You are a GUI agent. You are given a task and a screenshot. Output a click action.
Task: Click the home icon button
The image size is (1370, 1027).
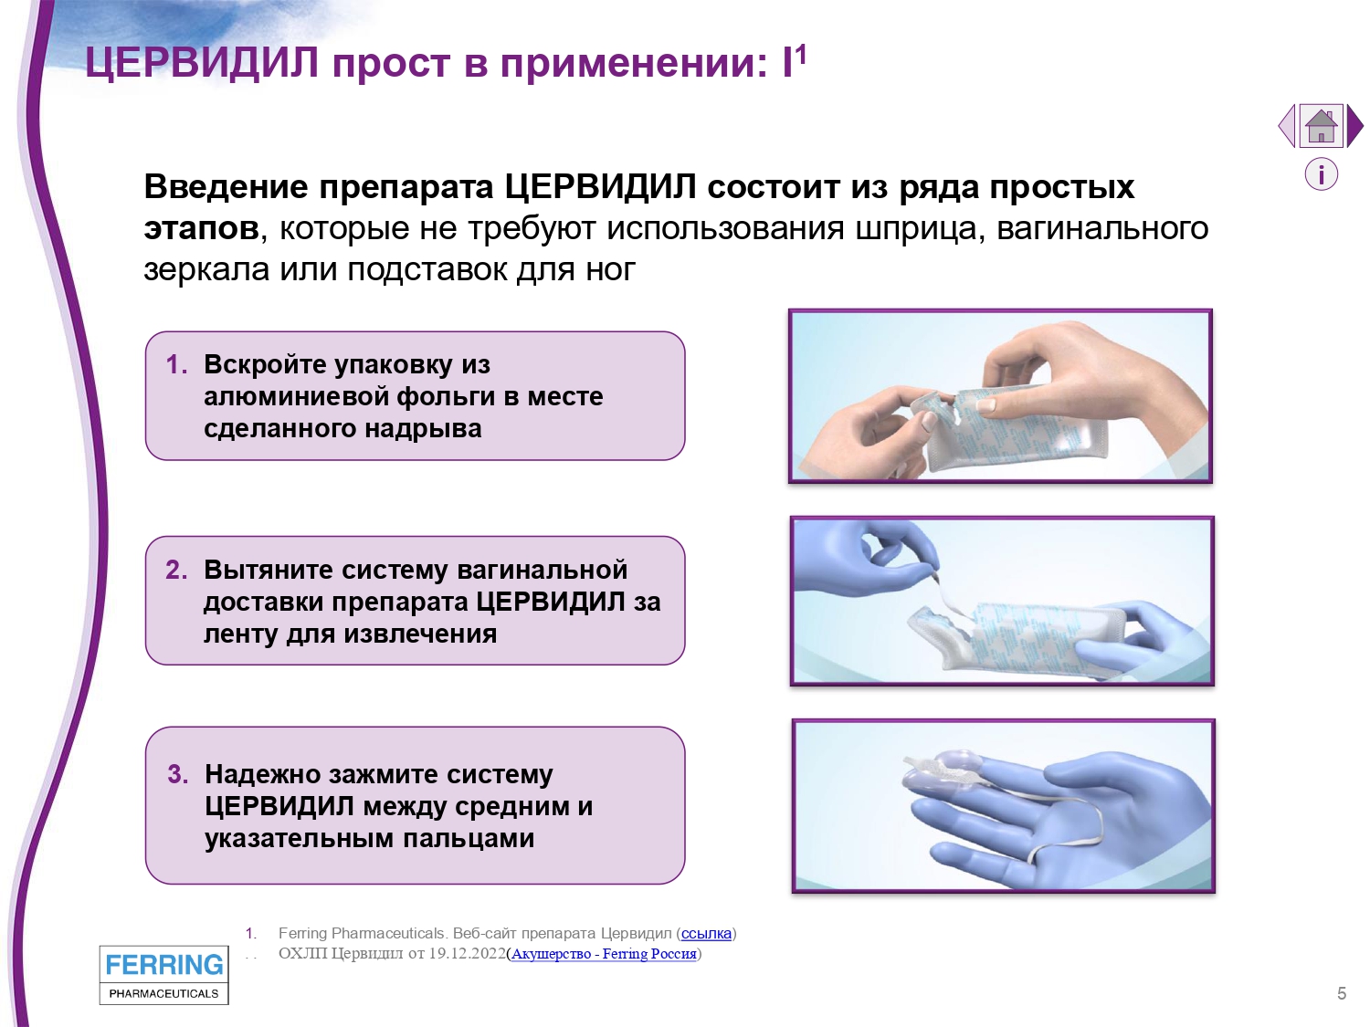click(1321, 126)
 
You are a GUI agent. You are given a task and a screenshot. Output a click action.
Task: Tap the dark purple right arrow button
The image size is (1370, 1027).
click(1354, 126)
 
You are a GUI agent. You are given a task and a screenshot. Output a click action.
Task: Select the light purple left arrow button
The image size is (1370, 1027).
click(1287, 126)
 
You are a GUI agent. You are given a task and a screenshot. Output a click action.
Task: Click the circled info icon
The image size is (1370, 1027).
click(1322, 174)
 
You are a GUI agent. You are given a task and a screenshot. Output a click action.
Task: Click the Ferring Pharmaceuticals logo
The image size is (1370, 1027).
click(164, 975)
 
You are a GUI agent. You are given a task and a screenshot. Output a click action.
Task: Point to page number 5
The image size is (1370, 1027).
click(1342, 993)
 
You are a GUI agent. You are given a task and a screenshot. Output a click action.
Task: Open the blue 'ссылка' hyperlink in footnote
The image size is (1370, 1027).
click(706, 934)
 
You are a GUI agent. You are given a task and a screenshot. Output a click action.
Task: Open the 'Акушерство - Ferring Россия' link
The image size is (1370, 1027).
click(604, 954)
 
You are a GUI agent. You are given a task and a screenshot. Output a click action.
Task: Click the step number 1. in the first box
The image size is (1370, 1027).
click(176, 365)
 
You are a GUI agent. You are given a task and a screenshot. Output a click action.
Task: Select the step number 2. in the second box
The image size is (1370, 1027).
click(176, 570)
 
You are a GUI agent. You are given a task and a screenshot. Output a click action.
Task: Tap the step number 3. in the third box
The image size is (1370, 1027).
click(178, 774)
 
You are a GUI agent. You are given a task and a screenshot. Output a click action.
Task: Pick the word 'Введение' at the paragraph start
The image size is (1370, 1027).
click(226, 187)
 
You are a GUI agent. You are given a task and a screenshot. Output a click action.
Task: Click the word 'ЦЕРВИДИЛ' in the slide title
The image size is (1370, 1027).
click(202, 63)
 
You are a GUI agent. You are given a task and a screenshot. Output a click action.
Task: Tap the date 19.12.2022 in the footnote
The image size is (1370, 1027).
click(468, 954)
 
